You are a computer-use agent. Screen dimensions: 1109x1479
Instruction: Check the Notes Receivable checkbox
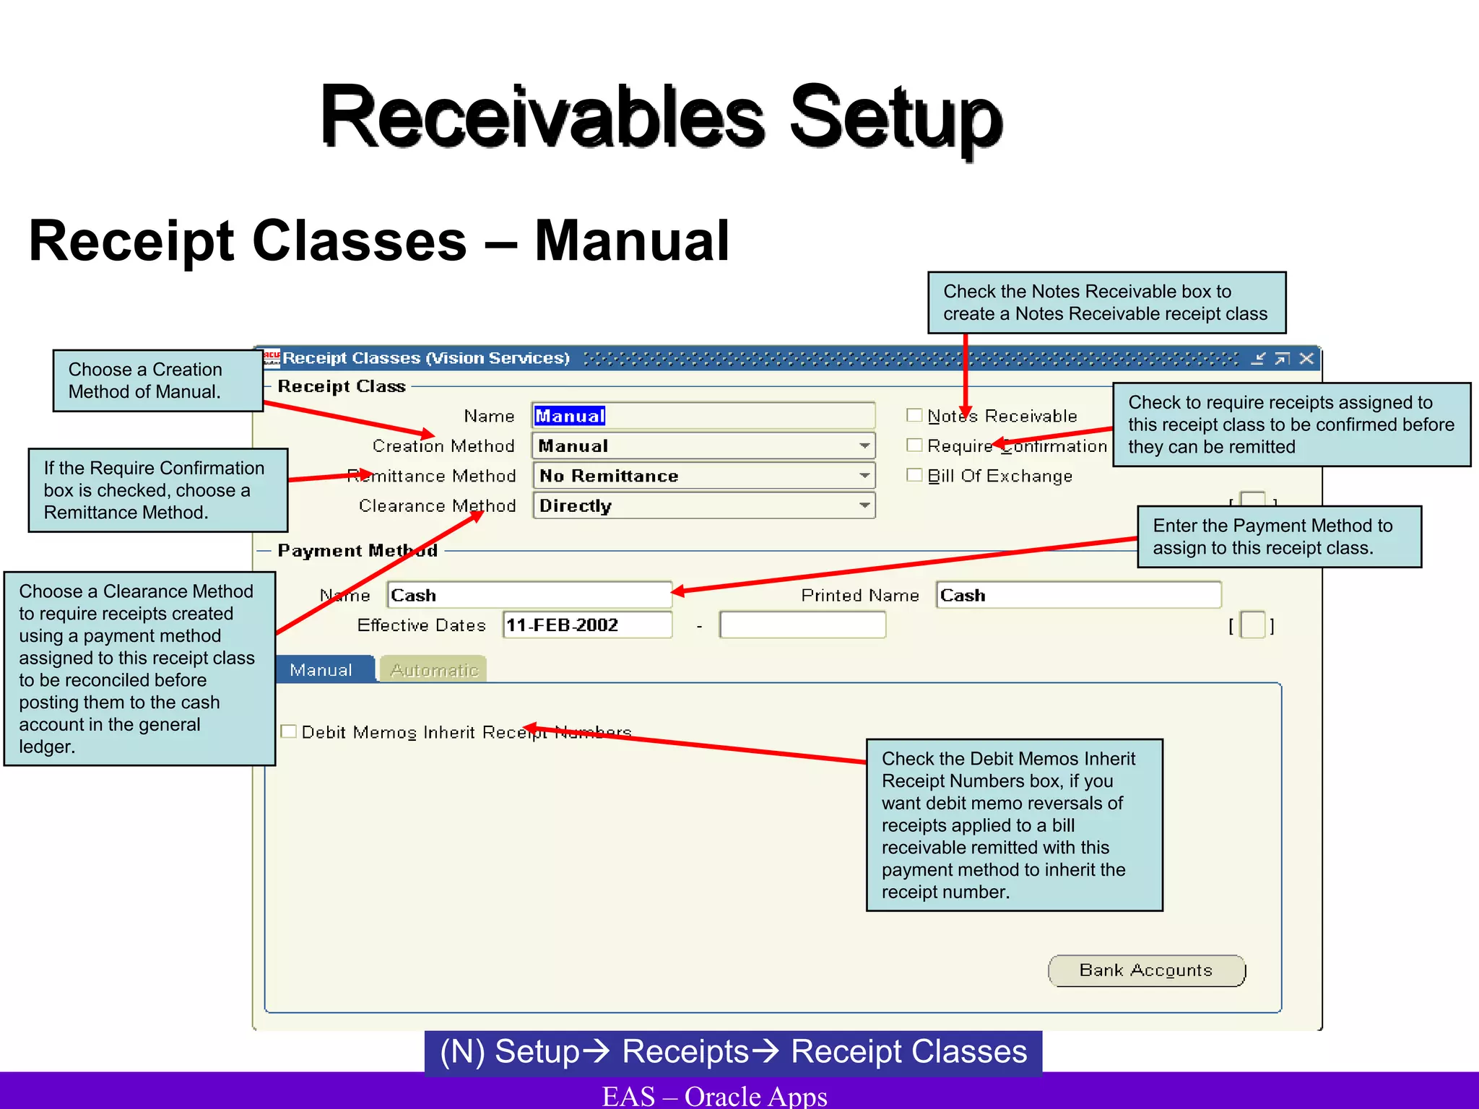[914, 415]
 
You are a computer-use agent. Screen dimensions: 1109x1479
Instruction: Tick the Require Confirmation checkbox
[914, 445]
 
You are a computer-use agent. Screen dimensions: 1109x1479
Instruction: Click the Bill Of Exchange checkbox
[914, 475]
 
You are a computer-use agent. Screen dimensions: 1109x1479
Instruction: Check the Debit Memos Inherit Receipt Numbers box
[289, 731]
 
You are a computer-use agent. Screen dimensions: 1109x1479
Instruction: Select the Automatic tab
[433, 670]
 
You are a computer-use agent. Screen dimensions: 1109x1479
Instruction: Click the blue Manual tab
[321, 670]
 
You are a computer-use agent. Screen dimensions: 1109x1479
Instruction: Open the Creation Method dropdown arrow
[864, 445]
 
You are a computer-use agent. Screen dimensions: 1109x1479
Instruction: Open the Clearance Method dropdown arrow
[864, 505]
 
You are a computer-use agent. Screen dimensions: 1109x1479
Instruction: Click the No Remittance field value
[609, 476]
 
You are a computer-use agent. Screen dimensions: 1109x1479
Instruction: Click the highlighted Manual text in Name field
[570, 416]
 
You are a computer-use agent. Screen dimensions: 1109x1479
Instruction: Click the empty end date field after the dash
[802, 625]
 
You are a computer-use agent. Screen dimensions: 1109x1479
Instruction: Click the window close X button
[1306, 358]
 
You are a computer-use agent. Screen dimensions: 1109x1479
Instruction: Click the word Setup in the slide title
[895, 117]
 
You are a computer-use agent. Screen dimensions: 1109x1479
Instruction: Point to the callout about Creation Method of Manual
[157, 380]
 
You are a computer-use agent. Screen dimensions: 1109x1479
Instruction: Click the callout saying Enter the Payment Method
[1278, 536]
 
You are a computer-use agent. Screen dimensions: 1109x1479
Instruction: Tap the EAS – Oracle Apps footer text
[714, 1095]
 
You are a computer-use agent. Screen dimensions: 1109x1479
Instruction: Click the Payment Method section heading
[357, 551]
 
